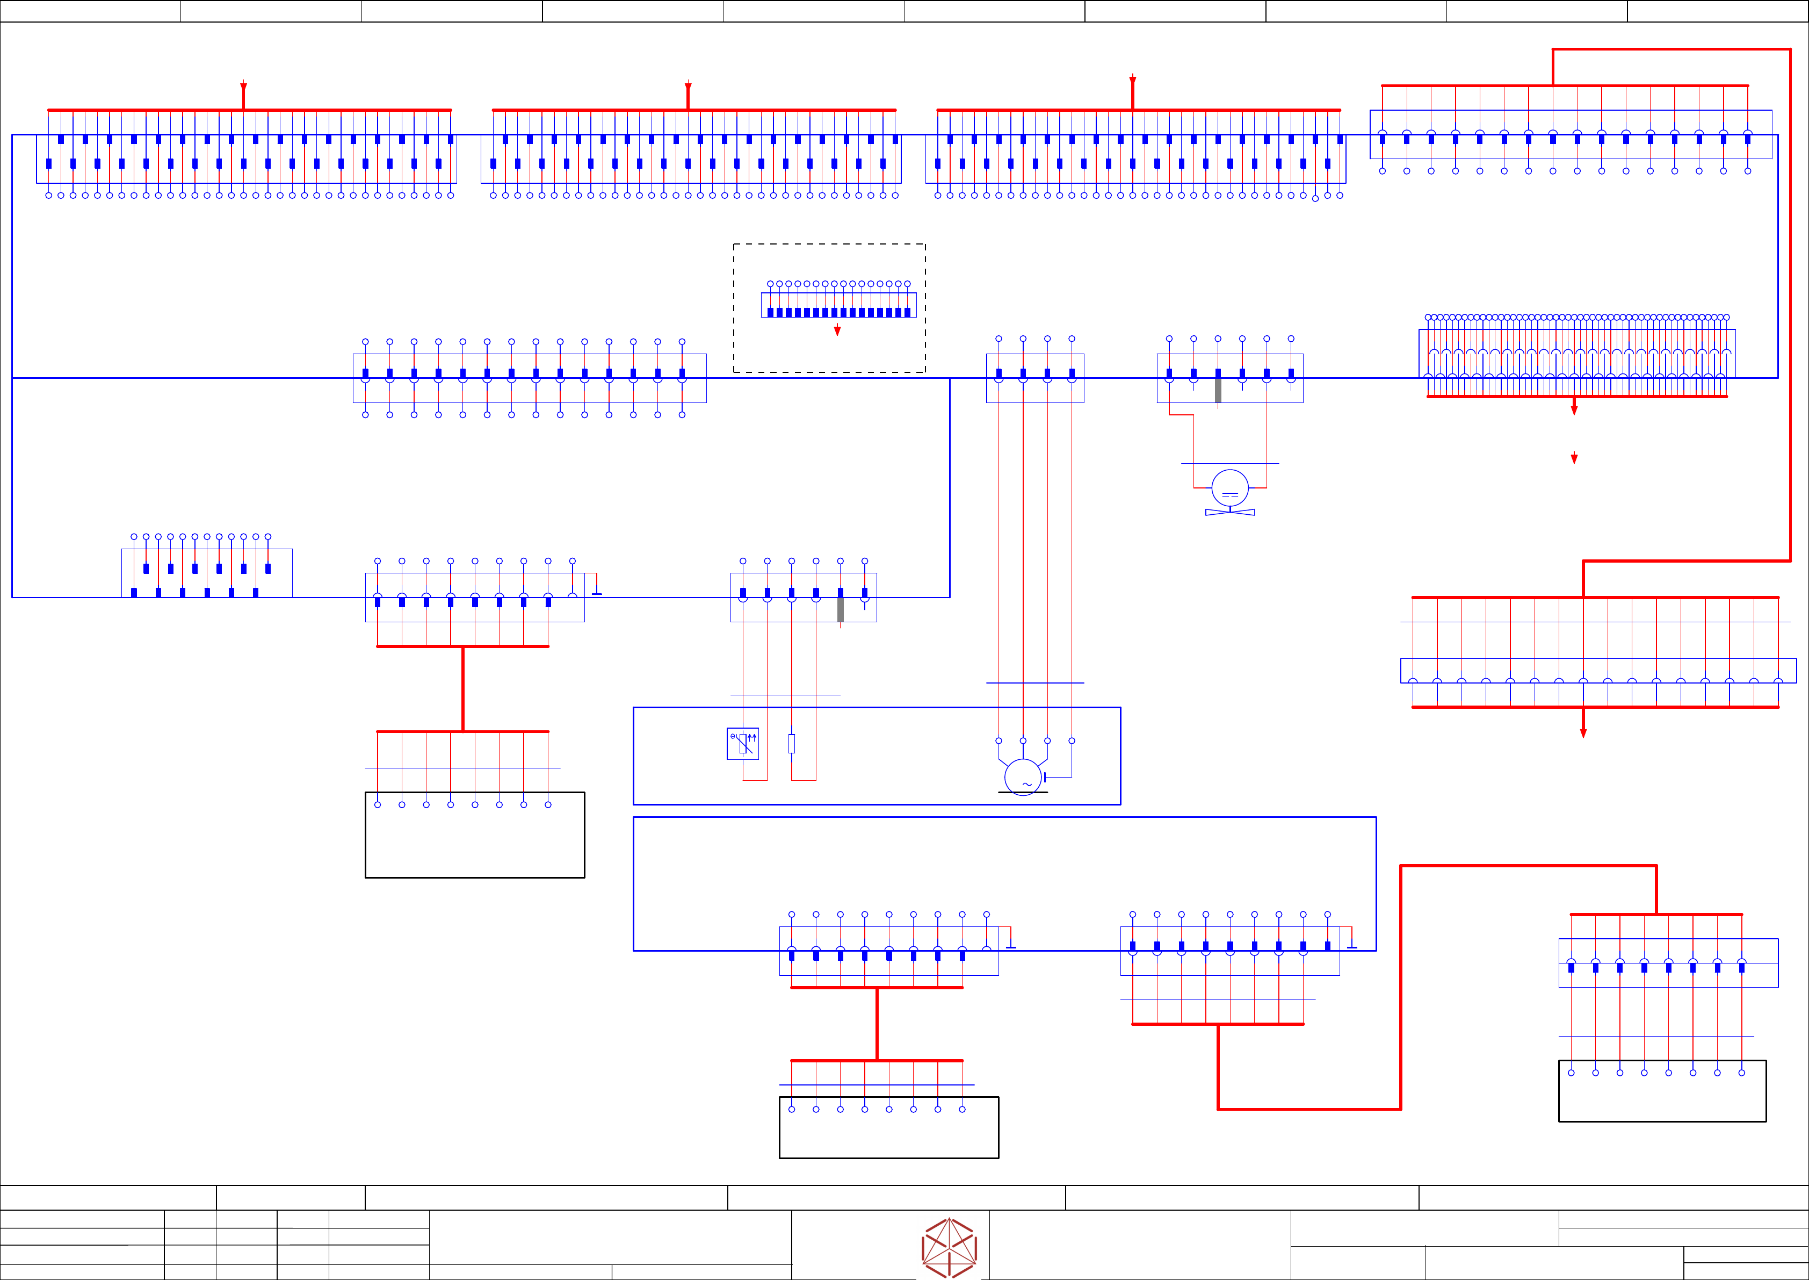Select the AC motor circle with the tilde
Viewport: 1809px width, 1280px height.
tap(1023, 777)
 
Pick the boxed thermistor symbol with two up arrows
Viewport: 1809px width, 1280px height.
tap(743, 743)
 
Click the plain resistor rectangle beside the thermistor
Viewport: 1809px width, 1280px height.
tap(792, 743)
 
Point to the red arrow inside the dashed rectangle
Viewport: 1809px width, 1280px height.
tap(837, 331)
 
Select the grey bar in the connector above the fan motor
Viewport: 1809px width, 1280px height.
tap(1218, 390)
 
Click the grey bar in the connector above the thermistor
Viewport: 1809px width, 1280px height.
tap(841, 609)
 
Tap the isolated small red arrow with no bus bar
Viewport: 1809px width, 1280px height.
tap(1574, 458)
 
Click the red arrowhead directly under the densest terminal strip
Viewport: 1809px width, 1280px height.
tap(1574, 409)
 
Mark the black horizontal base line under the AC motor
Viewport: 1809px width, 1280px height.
tap(1023, 792)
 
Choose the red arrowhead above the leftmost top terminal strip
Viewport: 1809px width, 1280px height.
tap(243, 87)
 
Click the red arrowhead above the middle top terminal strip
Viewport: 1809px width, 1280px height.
tap(688, 87)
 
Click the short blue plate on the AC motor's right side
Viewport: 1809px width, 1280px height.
tap(1045, 777)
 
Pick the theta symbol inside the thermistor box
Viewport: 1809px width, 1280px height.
tap(733, 736)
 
